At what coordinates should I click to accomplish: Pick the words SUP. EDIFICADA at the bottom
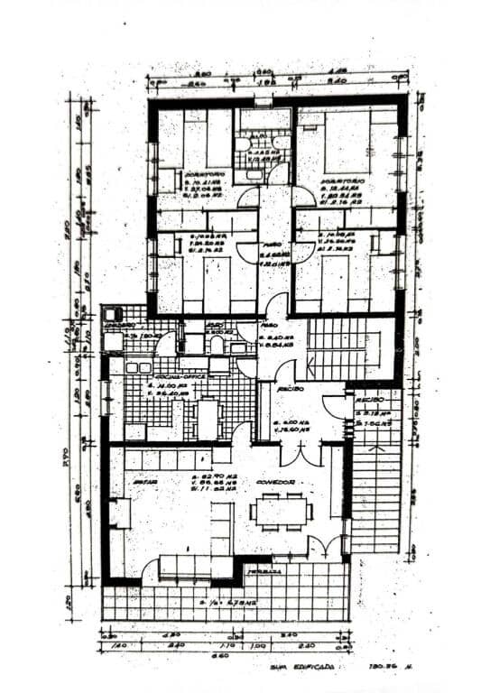click(x=308, y=669)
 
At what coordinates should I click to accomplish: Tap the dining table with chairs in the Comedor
click(x=282, y=512)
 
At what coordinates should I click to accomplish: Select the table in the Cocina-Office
click(x=208, y=417)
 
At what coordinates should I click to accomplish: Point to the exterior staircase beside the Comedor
click(x=374, y=492)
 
